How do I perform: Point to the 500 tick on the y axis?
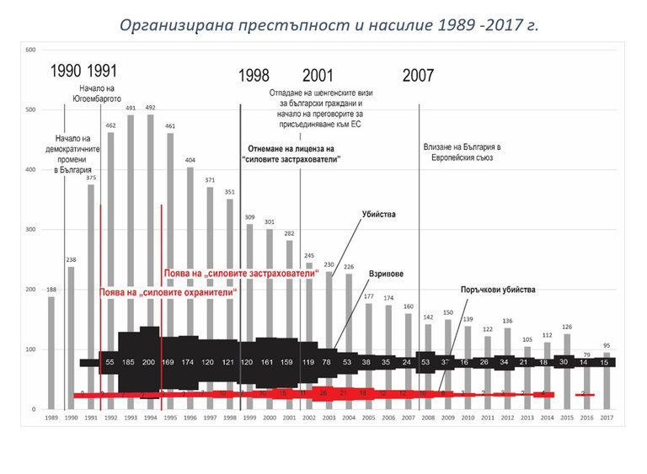pyautogui.click(x=30, y=109)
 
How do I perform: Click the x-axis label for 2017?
pyautogui.click(x=607, y=418)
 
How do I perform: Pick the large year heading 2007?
pyautogui.click(x=418, y=75)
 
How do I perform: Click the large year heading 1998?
pyautogui.click(x=254, y=75)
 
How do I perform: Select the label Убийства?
pyautogui.click(x=380, y=215)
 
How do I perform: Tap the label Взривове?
pyautogui.click(x=386, y=274)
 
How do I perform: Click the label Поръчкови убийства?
pyautogui.click(x=498, y=290)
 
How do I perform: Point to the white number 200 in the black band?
pyautogui.click(x=149, y=362)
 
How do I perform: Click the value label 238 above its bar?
pyautogui.click(x=71, y=260)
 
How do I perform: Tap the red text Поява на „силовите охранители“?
pyautogui.click(x=168, y=291)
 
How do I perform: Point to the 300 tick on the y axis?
pyautogui.click(x=30, y=230)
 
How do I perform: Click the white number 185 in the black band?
pyautogui.click(x=128, y=362)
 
